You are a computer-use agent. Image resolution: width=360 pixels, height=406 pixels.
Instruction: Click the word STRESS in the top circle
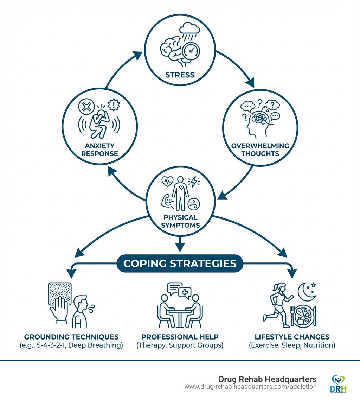click(180, 75)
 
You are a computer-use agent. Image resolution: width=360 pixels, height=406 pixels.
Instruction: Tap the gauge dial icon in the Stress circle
click(192, 51)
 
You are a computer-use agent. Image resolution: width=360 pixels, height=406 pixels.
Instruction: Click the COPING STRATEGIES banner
click(180, 264)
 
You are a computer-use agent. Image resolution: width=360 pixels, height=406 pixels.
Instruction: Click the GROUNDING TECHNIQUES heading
click(71, 337)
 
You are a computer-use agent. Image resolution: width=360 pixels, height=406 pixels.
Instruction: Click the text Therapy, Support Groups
click(180, 345)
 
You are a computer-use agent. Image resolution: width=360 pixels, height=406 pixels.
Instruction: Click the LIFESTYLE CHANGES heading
click(292, 337)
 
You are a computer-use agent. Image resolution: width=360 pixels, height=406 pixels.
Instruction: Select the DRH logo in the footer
click(338, 384)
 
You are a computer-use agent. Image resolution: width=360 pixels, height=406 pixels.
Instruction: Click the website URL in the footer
click(250, 387)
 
